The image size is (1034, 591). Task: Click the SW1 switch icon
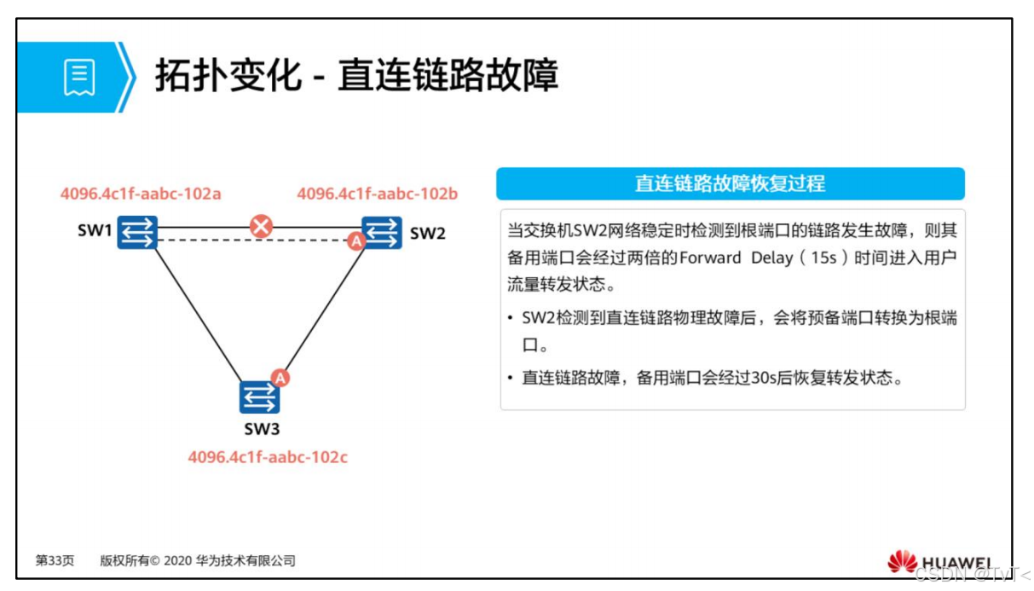(x=137, y=232)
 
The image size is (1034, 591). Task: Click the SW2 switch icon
(x=382, y=233)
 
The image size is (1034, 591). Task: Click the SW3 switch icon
(x=259, y=397)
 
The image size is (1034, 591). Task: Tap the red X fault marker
(x=260, y=226)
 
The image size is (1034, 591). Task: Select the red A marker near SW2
(x=355, y=241)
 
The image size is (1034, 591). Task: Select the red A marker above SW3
(x=280, y=377)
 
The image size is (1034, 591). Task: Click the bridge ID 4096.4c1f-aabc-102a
(x=141, y=194)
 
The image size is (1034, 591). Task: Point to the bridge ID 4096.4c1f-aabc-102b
(x=377, y=194)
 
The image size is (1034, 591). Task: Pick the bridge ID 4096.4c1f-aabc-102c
(x=268, y=457)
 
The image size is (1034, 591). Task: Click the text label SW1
(x=94, y=232)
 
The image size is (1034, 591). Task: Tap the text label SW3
(x=262, y=429)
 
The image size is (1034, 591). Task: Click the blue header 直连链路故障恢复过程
(x=730, y=183)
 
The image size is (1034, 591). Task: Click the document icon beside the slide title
(x=79, y=77)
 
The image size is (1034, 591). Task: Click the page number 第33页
(x=55, y=560)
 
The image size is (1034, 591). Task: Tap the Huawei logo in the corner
(x=939, y=563)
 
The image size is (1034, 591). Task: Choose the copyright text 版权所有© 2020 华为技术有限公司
(x=198, y=560)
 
